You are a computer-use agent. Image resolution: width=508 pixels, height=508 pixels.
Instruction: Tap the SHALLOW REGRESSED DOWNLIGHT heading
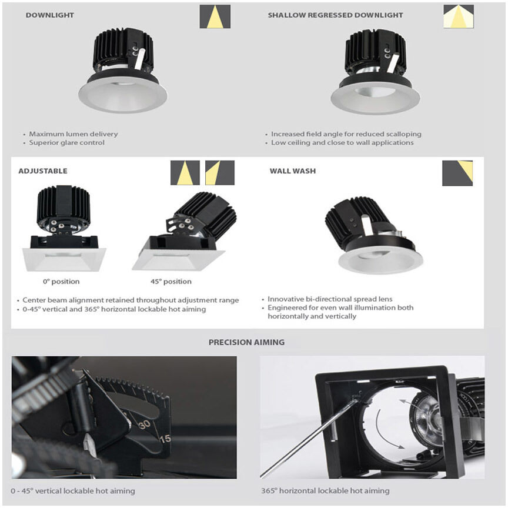(335, 15)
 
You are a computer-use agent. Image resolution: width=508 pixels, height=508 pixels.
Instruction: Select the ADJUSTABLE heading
(43, 171)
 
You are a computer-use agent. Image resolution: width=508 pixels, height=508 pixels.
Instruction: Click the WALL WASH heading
(293, 171)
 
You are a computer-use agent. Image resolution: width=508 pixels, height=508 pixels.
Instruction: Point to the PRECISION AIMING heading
(246, 342)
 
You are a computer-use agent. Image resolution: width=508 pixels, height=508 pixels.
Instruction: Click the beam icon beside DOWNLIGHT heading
(215, 16)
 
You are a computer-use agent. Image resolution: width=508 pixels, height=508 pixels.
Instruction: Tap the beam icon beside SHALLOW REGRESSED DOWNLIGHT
(458, 16)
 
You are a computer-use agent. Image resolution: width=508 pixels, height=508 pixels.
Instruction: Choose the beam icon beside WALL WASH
(457, 173)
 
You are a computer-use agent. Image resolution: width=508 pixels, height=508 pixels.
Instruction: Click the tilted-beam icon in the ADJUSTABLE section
(220, 173)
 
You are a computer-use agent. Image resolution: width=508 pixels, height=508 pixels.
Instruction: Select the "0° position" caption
(61, 282)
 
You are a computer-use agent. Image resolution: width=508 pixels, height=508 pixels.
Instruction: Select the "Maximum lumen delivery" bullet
(73, 134)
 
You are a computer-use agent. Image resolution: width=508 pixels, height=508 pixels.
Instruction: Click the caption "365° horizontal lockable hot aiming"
(325, 491)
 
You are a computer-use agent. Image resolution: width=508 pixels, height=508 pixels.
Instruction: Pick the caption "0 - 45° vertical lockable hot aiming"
(73, 491)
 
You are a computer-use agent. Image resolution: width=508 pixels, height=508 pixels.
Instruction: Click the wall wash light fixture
(374, 238)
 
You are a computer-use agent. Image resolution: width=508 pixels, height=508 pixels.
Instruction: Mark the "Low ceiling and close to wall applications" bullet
(342, 143)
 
